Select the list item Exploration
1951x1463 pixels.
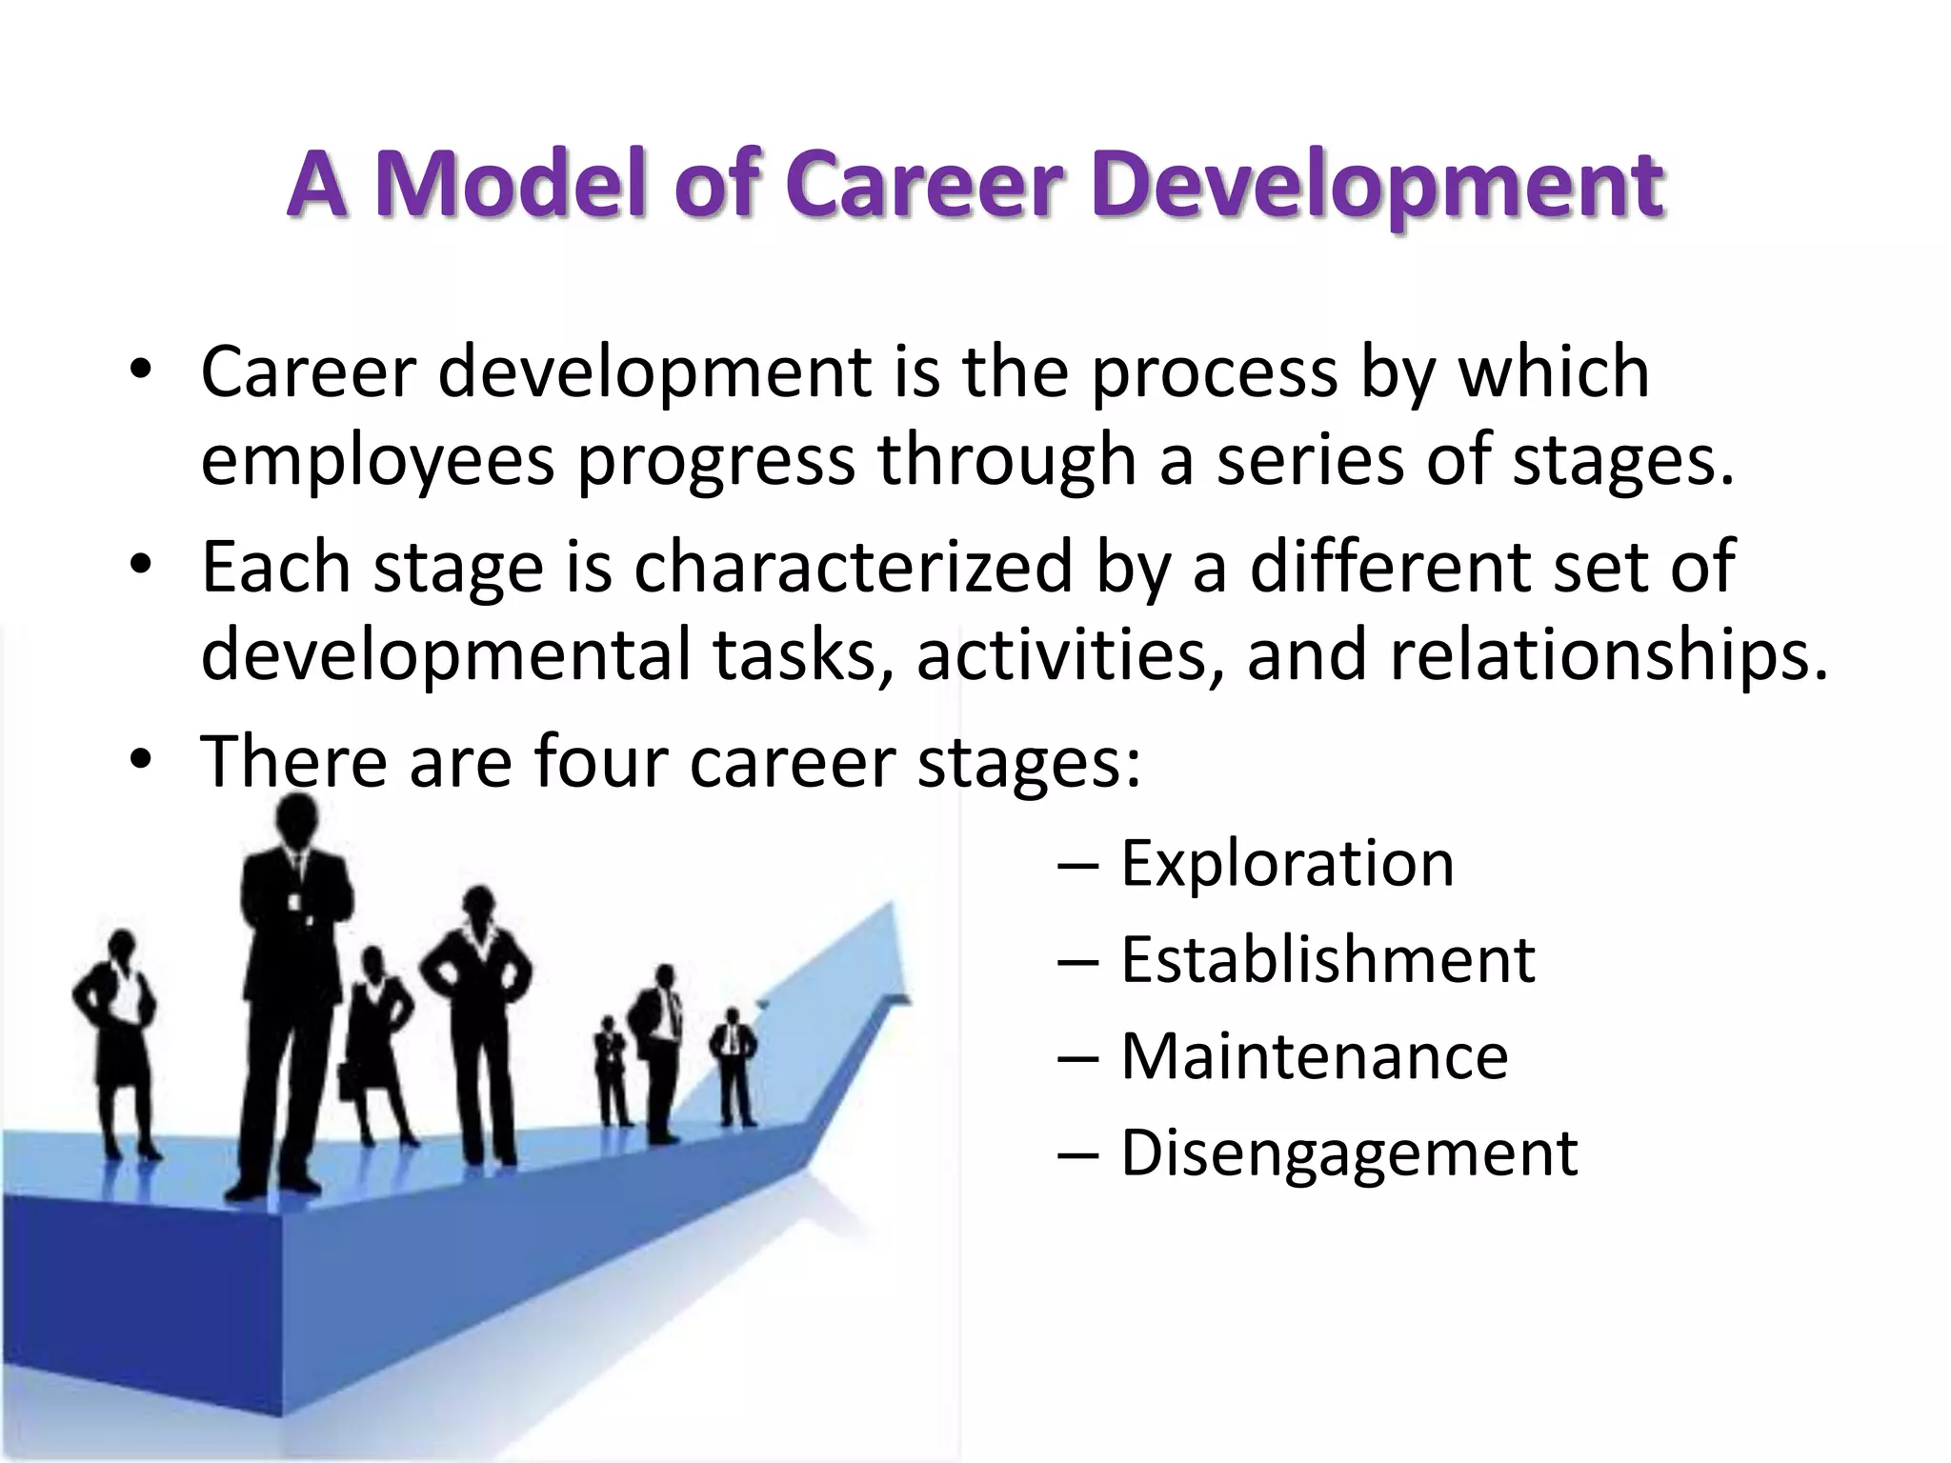click(1287, 863)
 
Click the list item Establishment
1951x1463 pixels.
click(1327, 959)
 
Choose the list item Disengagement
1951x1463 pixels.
click(1349, 1152)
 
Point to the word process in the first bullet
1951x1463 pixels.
click(1214, 373)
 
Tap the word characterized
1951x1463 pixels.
click(854, 567)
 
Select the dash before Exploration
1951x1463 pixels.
click(1077, 865)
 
